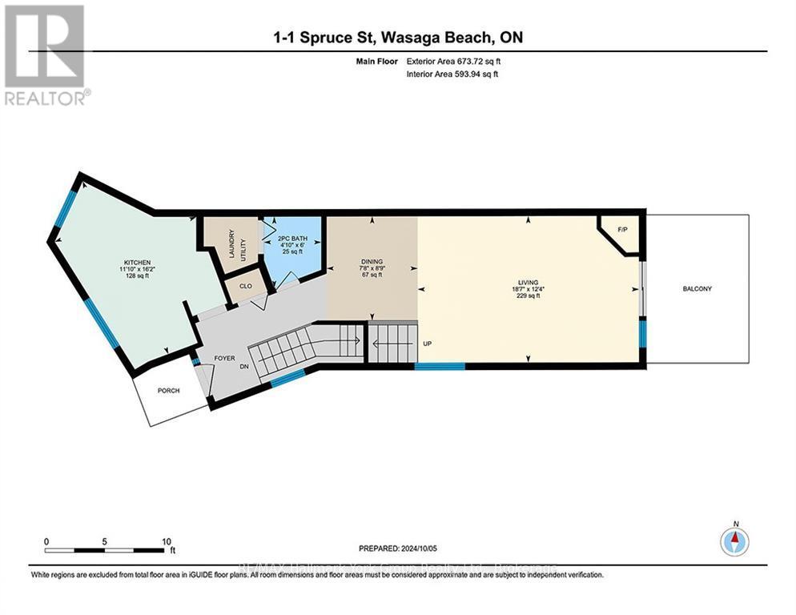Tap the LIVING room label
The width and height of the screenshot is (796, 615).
(x=527, y=281)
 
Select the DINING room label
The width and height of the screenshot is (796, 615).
(x=372, y=261)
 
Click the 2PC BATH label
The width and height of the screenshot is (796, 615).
(x=291, y=237)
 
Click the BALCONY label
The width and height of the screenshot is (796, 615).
(x=697, y=289)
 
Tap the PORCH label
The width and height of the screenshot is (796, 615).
(x=169, y=391)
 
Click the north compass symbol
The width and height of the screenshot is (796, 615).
(x=734, y=541)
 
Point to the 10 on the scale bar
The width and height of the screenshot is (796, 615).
(x=166, y=541)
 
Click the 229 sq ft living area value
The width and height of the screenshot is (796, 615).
(x=527, y=296)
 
